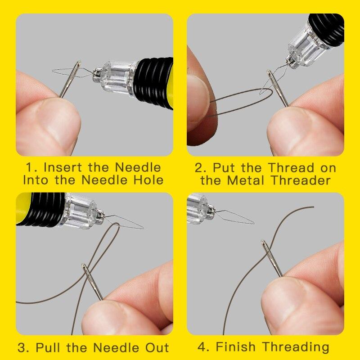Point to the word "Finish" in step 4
pos(238,347)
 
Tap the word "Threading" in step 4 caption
pos(296,347)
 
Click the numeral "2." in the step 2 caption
pos(201,168)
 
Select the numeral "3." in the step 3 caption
pos(24,347)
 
